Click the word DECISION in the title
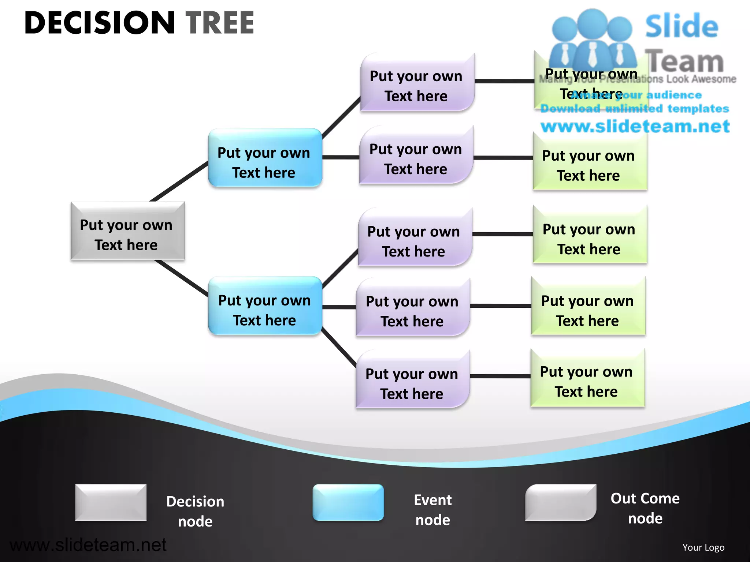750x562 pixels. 100,23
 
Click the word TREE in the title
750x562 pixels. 220,23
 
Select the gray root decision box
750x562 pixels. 127,231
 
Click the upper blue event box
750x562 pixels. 265,158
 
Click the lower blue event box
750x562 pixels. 265,306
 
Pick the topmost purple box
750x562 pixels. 417,82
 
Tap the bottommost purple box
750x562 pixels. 412,379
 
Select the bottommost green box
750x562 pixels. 587,378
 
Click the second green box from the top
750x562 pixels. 590,161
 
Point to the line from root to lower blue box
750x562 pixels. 181,278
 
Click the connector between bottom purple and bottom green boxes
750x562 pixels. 500,376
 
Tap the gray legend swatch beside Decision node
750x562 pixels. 111,502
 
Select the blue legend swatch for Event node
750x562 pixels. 348,502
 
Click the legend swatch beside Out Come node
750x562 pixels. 560,502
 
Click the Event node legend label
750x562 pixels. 433,510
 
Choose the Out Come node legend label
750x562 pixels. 645,508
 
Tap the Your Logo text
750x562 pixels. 703,547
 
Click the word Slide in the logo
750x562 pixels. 682,26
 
